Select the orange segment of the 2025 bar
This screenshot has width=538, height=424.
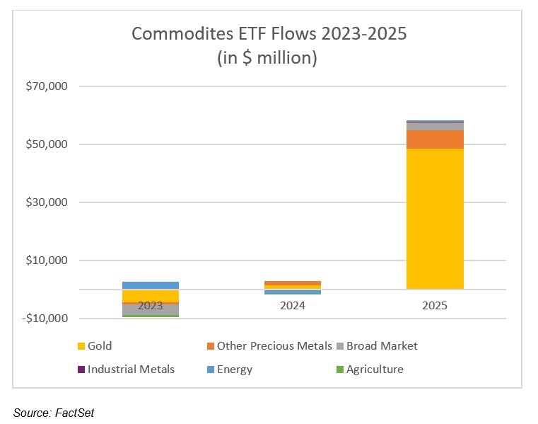tap(434, 139)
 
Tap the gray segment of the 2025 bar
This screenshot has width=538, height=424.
tap(434, 126)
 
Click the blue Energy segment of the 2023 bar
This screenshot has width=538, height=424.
tap(150, 285)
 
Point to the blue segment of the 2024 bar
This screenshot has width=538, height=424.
tap(292, 292)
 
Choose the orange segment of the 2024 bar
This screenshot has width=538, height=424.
tap(292, 283)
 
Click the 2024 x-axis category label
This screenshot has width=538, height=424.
tap(292, 306)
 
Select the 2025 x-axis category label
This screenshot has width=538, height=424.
tap(434, 306)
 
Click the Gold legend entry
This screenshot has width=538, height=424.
tap(99, 346)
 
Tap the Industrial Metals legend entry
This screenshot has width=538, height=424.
tap(131, 369)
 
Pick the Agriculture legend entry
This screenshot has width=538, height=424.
tap(374, 369)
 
